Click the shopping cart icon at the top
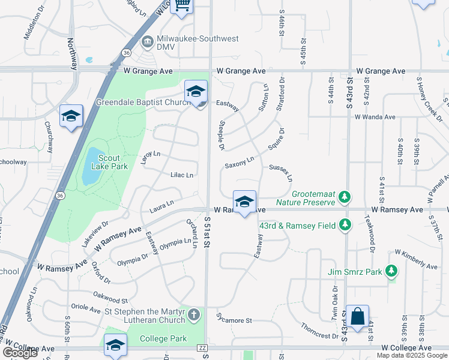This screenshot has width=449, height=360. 182,5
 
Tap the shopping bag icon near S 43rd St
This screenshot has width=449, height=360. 357,316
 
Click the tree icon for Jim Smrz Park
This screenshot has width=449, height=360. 391,272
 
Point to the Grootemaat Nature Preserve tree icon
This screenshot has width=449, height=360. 344,197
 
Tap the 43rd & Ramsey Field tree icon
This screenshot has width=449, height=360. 345,224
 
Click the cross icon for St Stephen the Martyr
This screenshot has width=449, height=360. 193,314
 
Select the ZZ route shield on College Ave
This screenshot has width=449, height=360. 202,349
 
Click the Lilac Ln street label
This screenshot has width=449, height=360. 182,175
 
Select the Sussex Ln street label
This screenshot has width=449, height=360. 281,173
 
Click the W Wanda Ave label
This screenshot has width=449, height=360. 375,117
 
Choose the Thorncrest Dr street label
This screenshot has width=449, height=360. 320,332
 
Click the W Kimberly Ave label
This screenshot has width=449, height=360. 415,260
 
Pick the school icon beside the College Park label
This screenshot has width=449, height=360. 115,344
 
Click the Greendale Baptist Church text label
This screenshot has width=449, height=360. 143,102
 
